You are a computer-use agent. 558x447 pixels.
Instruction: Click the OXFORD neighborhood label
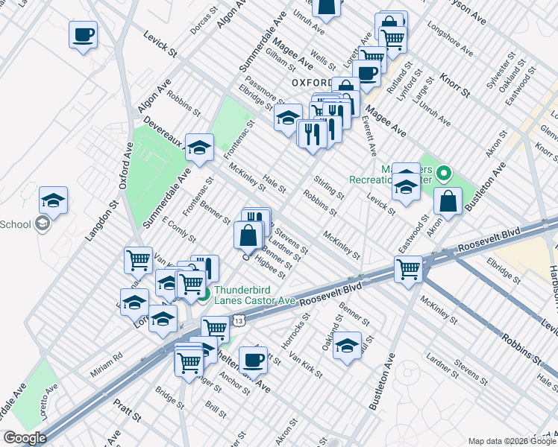pos(311,82)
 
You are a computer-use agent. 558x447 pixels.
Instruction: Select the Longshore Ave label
pos(451,45)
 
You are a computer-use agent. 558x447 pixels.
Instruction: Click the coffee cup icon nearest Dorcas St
pos(84,34)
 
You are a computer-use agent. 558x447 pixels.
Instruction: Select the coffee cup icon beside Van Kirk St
pos(253,359)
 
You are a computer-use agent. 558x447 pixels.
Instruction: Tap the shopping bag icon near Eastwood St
pos(448,200)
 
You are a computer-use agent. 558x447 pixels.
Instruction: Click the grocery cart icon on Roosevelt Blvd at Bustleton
pos(408,269)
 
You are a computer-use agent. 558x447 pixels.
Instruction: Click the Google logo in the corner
pos(25,437)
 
